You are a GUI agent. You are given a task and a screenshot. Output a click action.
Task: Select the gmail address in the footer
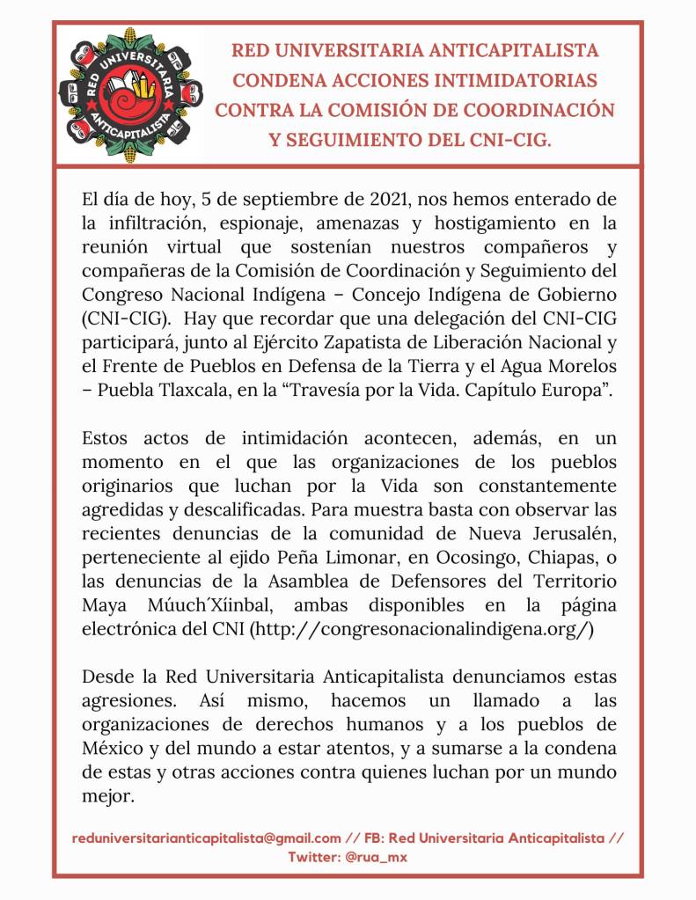[x=207, y=838]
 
